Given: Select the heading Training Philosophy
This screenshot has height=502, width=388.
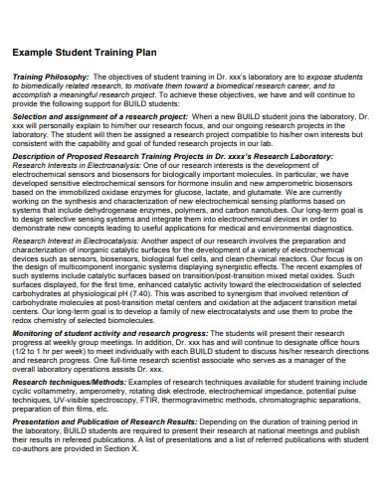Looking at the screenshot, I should coord(51,76).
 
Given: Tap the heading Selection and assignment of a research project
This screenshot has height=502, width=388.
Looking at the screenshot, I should coord(100,115).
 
